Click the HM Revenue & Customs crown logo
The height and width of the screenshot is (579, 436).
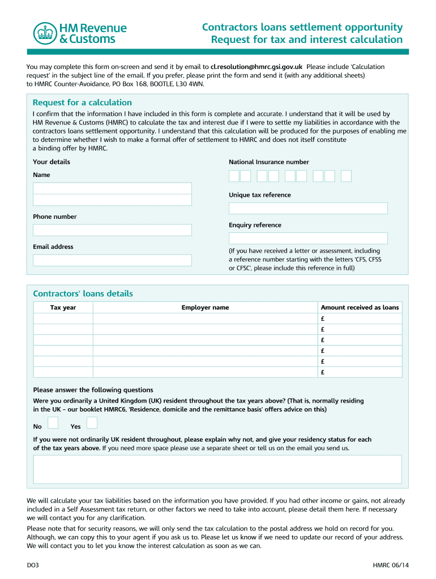pos(45,33)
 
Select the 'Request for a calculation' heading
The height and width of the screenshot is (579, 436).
pos(82,102)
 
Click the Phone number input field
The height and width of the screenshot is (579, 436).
pos(112,230)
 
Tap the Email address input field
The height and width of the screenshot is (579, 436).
pos(112,260)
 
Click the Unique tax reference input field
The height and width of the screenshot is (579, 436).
pos(308,209)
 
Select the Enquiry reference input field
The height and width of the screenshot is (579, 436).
pos(308,239)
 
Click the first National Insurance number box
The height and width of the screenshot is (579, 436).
pos(234,176)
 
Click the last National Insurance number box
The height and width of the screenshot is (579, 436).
pos(346,176)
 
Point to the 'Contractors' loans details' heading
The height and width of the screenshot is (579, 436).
pos(83,293)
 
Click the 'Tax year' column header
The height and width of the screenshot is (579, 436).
pos(63,308)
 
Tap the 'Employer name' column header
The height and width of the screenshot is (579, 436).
pos(205,308)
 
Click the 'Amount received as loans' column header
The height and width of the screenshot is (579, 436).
pos(360,308)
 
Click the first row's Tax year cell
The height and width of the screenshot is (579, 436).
pos(63,318)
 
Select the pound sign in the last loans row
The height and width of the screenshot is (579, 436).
pos(322,372)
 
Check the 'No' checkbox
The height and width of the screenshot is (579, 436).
pos(53,423)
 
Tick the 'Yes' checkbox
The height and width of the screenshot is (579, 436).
pos(92,423)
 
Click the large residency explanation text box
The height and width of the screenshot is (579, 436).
pos(217,469)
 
